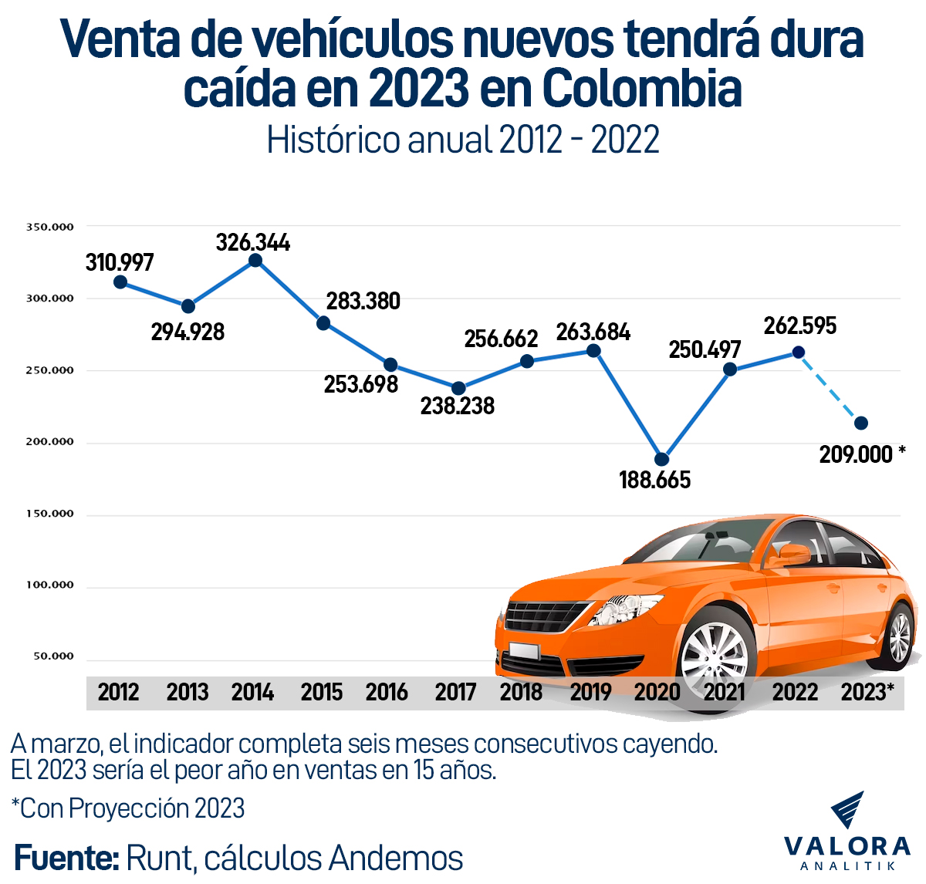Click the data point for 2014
(x=255, y=261)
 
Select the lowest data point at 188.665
(x=661, y=460)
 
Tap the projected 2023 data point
(x=861, y=423)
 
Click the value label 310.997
(x=120, y=262)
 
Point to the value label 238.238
(x=457, y=406)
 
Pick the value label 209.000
(x=856, y=454)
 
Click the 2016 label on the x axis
(x=387, y=692)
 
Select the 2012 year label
(x=118, y=692)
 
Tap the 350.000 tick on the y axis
(x=50, y=227)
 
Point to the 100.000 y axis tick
(x=50, y=585)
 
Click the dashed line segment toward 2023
(x=830, y=388)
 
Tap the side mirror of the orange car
(x=795, y=554)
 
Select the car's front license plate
(x=524, y=650)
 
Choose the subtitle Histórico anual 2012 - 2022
(x=463, y=140)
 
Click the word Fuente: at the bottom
(x=66, y=858)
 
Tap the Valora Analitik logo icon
(x=847, y=810)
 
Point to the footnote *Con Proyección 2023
(x=128, y=808)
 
